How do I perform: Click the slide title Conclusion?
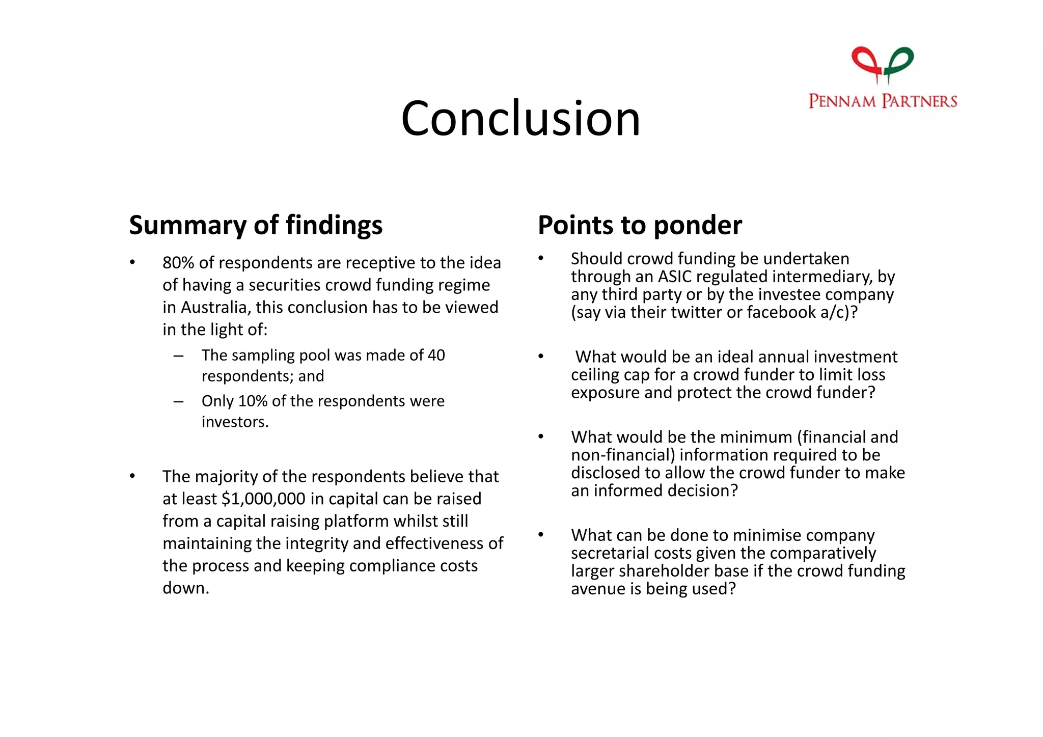[520, 119]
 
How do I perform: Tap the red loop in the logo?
[866, 60]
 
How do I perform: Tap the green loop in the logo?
[900, 60]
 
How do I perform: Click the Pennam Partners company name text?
[883, 101]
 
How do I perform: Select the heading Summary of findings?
[256, 225]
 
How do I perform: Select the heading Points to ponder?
[640, 225]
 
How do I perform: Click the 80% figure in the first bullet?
[178, 263]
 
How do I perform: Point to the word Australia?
[213, 308]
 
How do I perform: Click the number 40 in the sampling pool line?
[436, 355]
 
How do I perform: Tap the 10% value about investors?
[253, 401]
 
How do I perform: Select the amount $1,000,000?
[264, 499]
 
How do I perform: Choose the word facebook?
[781, 312]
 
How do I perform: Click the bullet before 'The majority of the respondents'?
[132, 476]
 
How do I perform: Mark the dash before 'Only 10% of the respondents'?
[178, 402]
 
